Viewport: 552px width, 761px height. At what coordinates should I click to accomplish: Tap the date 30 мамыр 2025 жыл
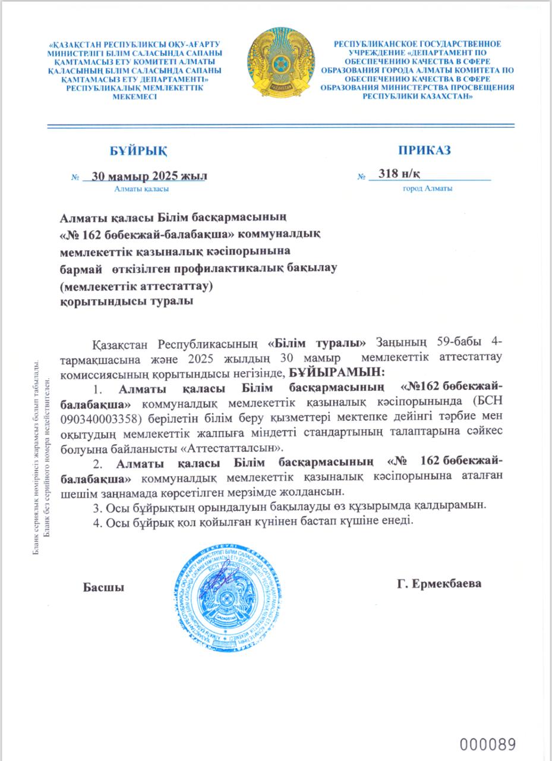click(x=146, y=175)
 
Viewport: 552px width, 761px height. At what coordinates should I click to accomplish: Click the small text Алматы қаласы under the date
click(x=141, y=189)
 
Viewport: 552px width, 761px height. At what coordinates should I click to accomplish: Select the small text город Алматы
click(x=428, y=189)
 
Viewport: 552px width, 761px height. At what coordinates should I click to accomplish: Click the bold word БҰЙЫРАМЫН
click(x=337, y=372)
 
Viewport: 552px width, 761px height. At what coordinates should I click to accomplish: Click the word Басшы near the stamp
click(x=103, y=587)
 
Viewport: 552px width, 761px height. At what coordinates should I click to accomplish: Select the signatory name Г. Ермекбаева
click(x=439, y=583)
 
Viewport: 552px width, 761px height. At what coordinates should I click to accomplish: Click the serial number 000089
click(x=488, y=744)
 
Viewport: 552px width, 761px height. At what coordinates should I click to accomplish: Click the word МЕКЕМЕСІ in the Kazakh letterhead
click(x=135, y=96)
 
